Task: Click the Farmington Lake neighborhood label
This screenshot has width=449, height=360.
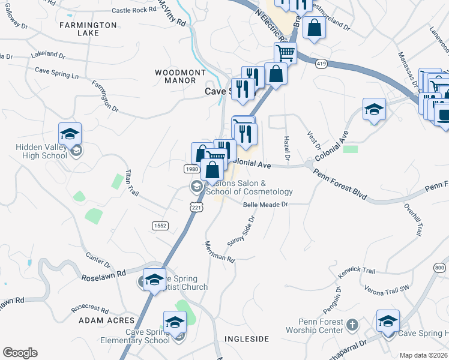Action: click(88, 29)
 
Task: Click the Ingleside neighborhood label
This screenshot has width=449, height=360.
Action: click(247, 339)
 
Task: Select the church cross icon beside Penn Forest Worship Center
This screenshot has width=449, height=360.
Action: click(352, 325)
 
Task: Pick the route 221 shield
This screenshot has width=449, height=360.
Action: click(197, 206)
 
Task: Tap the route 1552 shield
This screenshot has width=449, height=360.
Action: click(160, 225)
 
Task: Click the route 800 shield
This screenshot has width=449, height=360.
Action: click(440, 267)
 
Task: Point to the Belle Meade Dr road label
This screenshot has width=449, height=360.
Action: click(267, 205)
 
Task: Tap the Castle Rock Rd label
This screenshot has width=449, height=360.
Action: click(133, 10)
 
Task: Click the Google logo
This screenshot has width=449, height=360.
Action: click(20, 353)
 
